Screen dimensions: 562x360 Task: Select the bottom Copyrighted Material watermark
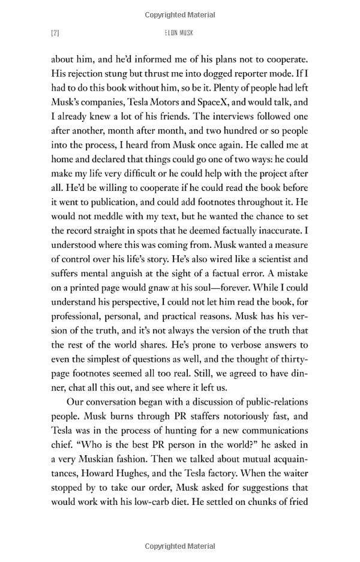coord(180,546)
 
